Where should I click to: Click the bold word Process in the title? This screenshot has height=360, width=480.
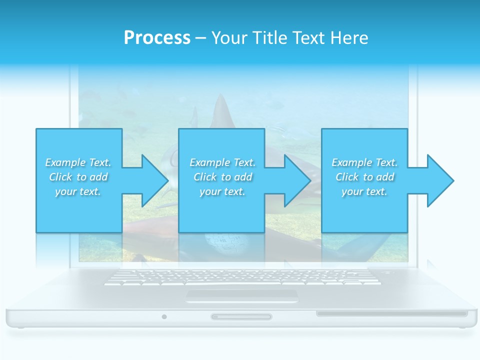157,38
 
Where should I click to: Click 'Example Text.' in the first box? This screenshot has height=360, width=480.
78,162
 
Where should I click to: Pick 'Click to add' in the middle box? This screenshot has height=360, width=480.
222,177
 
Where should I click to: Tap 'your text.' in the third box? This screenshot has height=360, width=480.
364,191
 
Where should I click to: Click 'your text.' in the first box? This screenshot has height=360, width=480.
78,191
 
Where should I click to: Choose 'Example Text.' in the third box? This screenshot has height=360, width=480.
364,162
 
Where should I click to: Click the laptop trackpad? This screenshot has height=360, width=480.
242,295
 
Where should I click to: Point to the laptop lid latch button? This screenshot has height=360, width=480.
241,316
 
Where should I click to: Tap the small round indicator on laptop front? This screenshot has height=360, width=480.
164,316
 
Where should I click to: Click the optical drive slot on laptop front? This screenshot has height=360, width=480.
391,314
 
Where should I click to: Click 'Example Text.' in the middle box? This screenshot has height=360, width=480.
222,162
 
